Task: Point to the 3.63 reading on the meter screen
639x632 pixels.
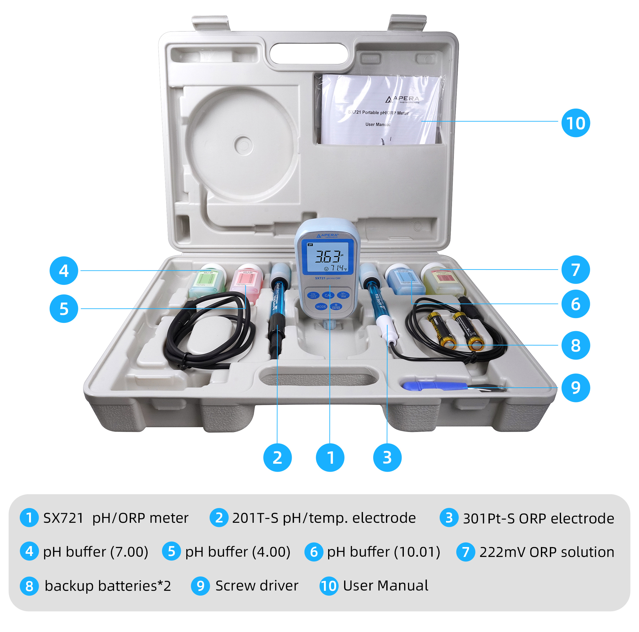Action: (327, 256)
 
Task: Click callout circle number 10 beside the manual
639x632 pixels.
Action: (575, 123)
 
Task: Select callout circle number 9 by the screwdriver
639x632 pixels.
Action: (575, 388)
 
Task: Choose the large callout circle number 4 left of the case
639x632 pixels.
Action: (64, 271)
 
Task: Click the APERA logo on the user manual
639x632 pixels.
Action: (402, 99)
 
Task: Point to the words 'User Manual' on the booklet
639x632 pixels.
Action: (378, 125)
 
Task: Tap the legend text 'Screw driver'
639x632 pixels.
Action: (257, 586)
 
